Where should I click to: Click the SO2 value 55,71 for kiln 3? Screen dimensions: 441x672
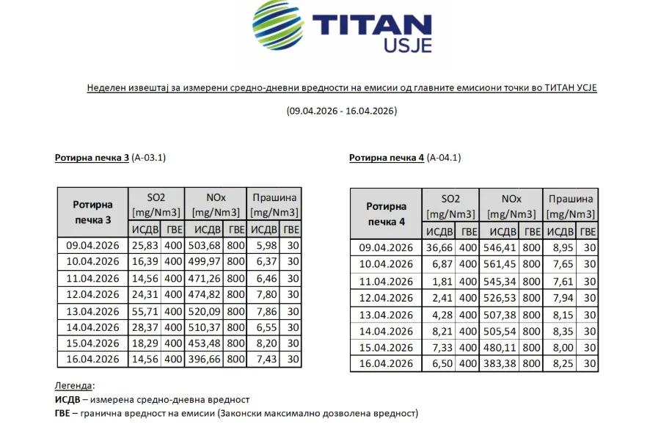(x=149, y=310)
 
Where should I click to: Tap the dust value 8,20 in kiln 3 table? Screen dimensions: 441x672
(x=266, y=343)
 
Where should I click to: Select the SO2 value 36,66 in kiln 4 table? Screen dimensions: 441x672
(x=442, y=248)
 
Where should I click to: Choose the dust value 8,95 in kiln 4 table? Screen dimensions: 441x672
(x=560, y=248)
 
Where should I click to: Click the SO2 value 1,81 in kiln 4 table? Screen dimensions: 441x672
(x=445, y=281)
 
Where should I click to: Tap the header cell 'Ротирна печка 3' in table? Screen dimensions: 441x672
(x=93, y=211)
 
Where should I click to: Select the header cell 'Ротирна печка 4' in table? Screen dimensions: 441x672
(x=386, y=214)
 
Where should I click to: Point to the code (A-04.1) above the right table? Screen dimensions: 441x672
(x=445, y=158)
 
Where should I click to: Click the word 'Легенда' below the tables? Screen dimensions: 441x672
(x=73, y=385)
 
